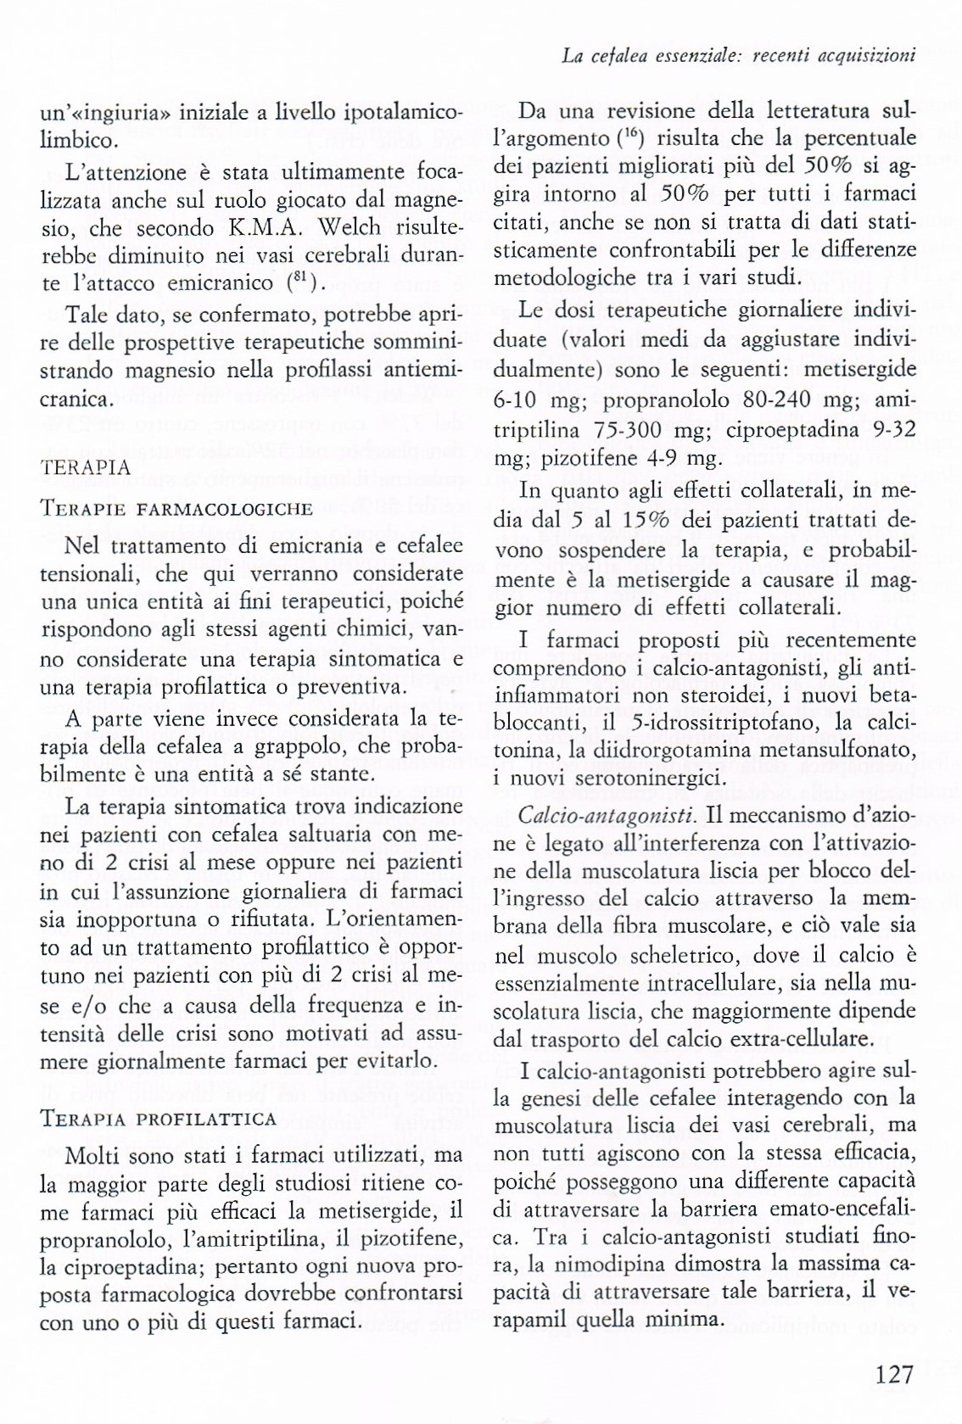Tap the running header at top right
pos(738,56)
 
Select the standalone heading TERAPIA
pos(85,467)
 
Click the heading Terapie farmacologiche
pos(176,509)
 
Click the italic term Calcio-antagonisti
pos(607,816)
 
